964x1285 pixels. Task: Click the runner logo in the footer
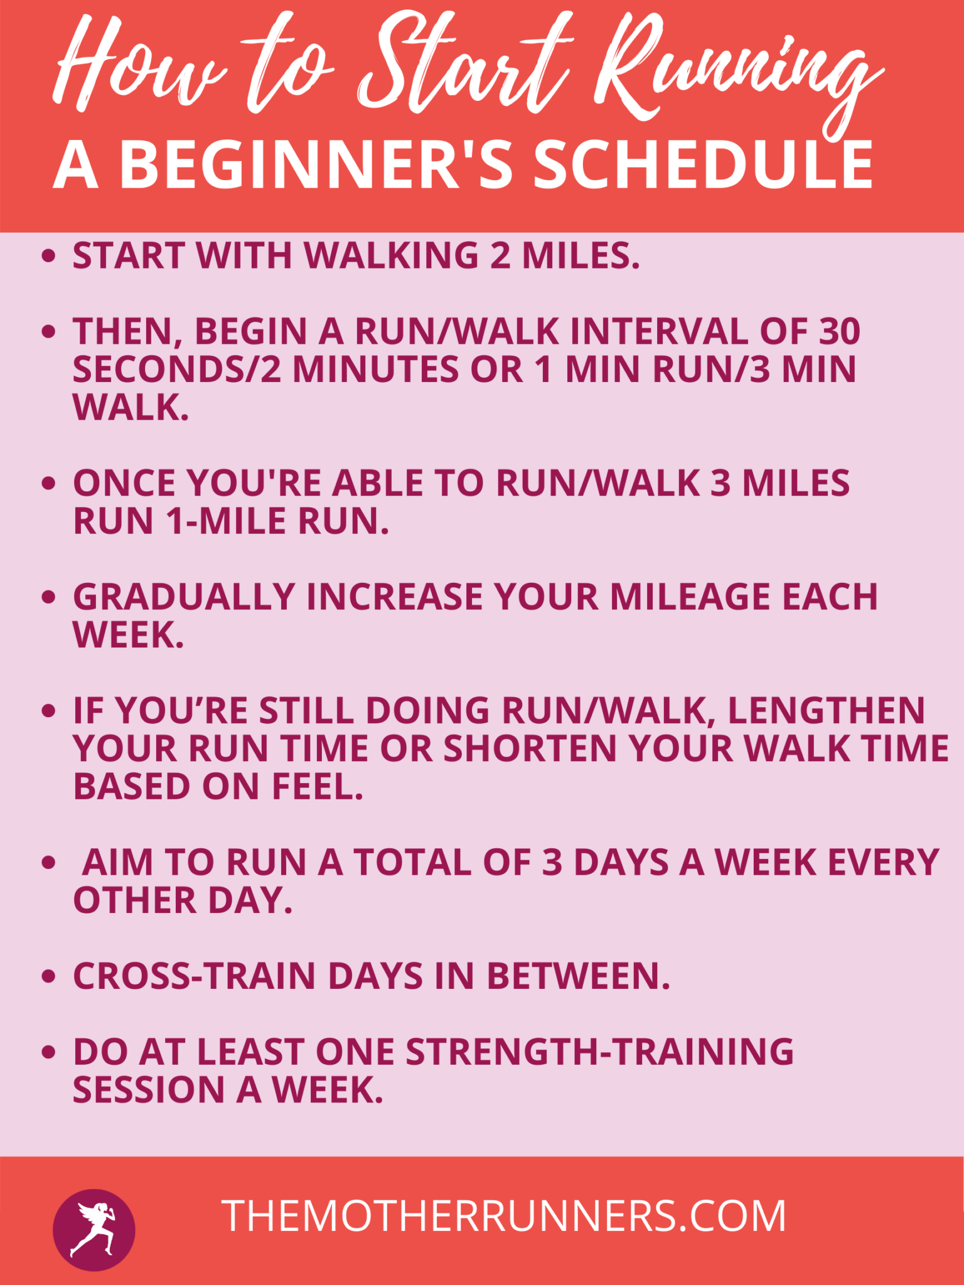click(x=94, y=1230)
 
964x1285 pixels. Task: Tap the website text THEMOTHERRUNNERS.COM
click(x=503, y=1216)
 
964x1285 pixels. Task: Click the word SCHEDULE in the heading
click(x=703, y=164)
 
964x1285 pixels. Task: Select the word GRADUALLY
click(x=184, y=597)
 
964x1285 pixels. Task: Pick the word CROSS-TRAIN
click(x=194, y=976)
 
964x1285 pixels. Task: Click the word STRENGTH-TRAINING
click(x=599, y=1052)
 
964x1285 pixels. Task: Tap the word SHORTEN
click(x=530, y=749)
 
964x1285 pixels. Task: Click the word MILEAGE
click(x=690, y=597)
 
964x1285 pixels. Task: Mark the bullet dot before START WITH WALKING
click(x=48, y=256)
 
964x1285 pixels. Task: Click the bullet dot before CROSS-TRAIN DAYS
click(x=48, y=976)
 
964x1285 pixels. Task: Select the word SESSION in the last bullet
click(x=149, y=1090)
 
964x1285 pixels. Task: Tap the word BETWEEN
click(x=578, y=976)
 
